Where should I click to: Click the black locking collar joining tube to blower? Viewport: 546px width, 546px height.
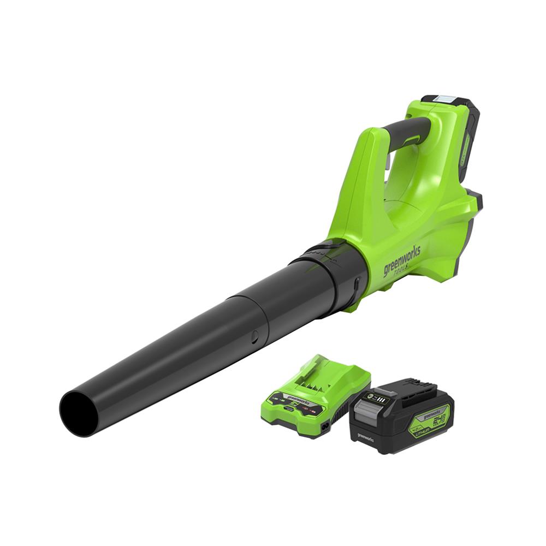click(328, 273)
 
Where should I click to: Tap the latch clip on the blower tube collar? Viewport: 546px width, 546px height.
click(355, 286)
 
